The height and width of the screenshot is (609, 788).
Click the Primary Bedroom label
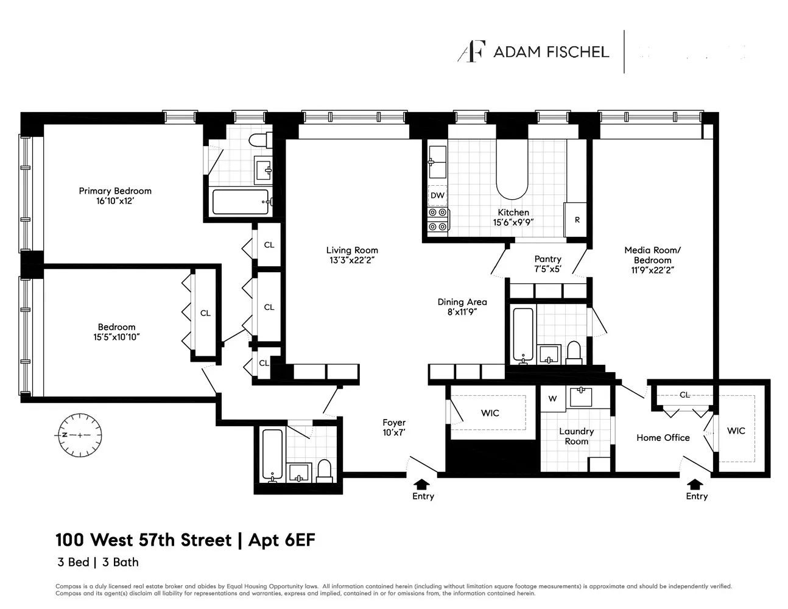tap(115, 191)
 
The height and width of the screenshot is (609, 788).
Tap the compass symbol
tap(80, 435)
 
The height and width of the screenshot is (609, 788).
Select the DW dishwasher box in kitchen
tap(437, 195)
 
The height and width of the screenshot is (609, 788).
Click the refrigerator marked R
tap(576, 219)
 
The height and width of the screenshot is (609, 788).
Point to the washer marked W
tap(552, 399)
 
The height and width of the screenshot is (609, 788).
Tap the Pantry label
tap(547, 259)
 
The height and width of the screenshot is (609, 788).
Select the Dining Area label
tap(462, 302)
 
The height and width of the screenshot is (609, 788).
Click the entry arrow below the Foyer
tap(421, 484)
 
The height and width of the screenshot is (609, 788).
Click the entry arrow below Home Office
tap(694, 484)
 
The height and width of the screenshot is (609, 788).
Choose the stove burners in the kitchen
tap(437, 220)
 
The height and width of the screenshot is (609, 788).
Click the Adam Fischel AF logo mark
tap(471, 52)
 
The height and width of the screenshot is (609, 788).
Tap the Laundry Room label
tap(576, 436)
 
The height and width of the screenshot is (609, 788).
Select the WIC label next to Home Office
tap(736, 431)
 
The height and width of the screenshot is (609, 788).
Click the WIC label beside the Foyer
tap(490, 413)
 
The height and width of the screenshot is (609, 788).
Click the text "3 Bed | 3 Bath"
tap(98, 562)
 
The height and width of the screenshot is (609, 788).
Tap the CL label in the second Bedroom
tap(205, 313)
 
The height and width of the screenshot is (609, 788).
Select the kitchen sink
tap(437, 161)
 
